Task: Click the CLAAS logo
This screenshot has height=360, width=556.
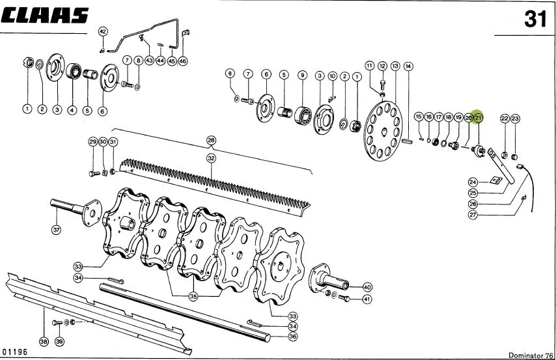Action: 44,16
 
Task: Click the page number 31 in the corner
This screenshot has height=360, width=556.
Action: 536,19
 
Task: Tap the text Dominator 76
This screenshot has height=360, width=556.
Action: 531,355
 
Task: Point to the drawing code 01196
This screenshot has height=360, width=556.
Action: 14,352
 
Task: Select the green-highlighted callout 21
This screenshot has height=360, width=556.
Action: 479,117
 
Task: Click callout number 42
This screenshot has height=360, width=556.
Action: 102,32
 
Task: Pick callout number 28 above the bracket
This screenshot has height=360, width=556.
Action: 211,141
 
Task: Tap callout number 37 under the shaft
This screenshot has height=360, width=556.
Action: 57,230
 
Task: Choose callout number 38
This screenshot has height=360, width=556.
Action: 44,342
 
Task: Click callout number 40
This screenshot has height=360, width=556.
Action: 367,287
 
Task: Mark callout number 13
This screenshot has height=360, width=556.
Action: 395,66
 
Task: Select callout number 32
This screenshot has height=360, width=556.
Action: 211,158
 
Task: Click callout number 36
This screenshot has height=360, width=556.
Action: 292,336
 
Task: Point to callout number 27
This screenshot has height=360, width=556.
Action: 473,215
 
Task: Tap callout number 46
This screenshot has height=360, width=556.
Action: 182,61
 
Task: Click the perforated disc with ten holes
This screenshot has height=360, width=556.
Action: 383,132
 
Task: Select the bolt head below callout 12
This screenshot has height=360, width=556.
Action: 382,85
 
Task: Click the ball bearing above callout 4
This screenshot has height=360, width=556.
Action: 74,71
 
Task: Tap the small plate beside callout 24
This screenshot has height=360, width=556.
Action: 495,180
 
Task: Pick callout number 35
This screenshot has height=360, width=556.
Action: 193,296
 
